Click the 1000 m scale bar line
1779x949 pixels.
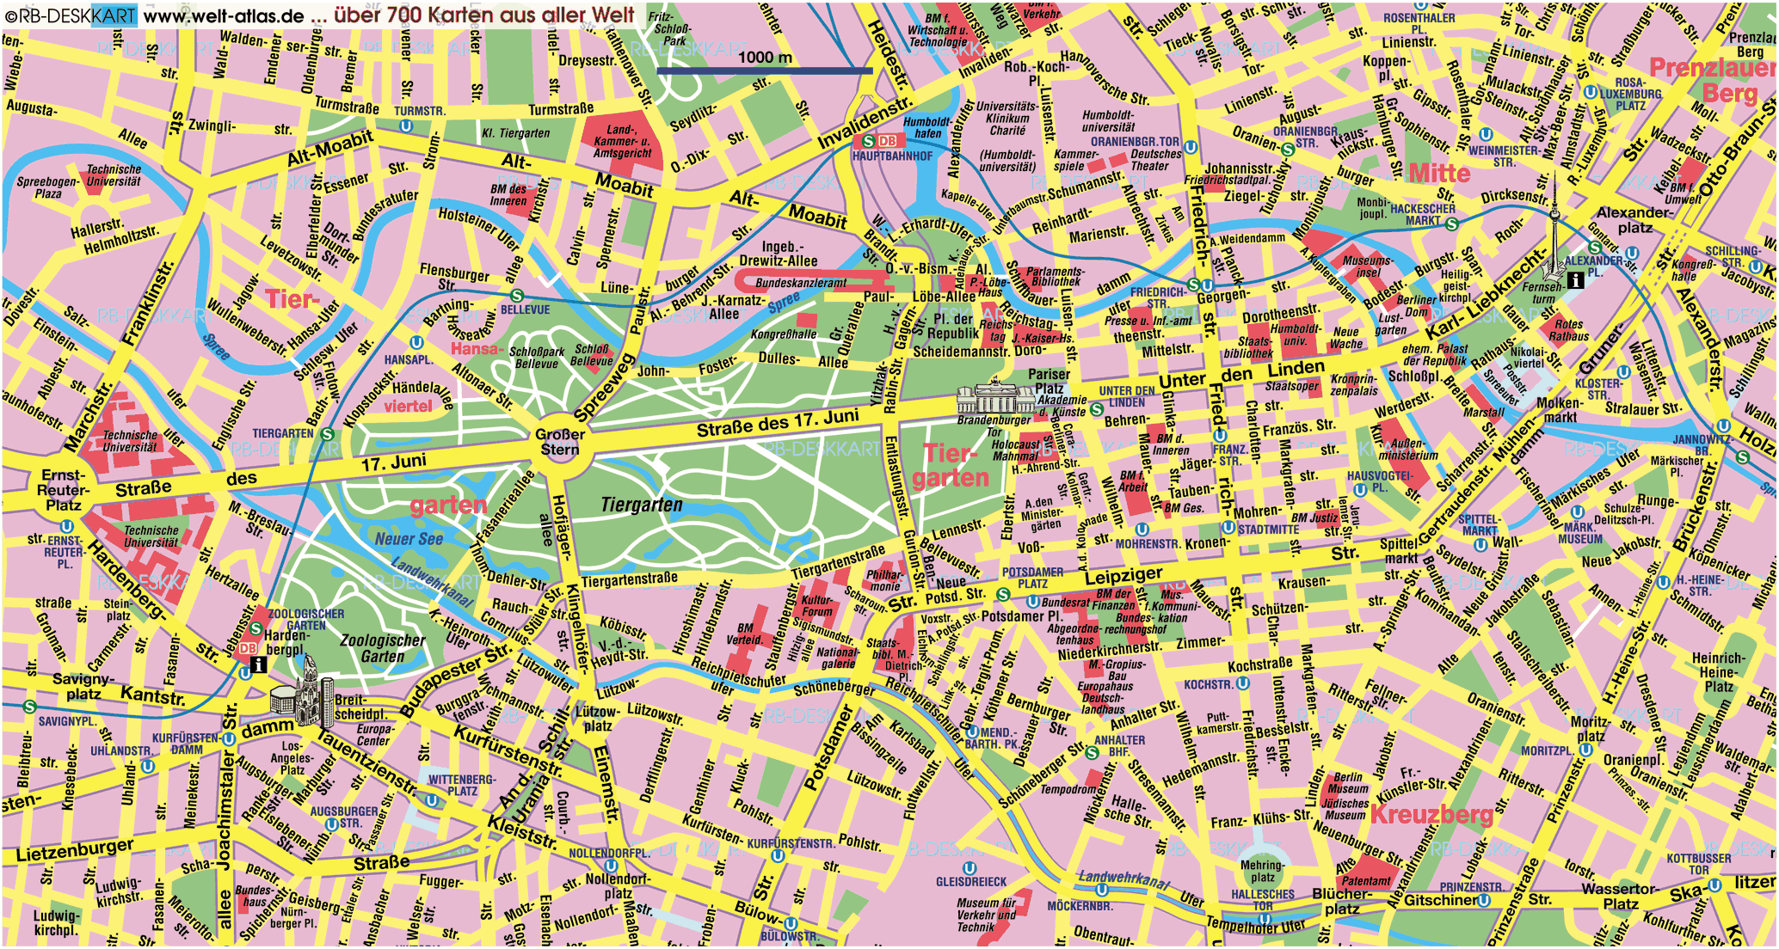click(x=764, y=71)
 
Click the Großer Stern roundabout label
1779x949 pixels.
click(x=560, y=442)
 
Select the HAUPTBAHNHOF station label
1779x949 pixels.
click(x=892, y=156)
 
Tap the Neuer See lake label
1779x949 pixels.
click(x=409, y=539)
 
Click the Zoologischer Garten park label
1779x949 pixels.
click(x=383, y=648)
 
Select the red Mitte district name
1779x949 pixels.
click(x=1438, y=173)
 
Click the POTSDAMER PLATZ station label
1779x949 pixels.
click(x=1032, y=578)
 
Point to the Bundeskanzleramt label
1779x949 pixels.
click(x=801, y=283)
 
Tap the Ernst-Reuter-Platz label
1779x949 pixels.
click(x=63, y=490)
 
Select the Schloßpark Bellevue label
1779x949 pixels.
click(x=537, y=358)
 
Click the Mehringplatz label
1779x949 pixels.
click(x=1262, y=871)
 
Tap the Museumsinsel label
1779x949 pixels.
click(x=1367, y=266)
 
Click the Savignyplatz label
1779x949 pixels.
click(x=83, y=686)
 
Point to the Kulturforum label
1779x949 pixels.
click(x=816, y=606)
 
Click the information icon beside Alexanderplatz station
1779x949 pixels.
click(x=1575, y=279)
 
